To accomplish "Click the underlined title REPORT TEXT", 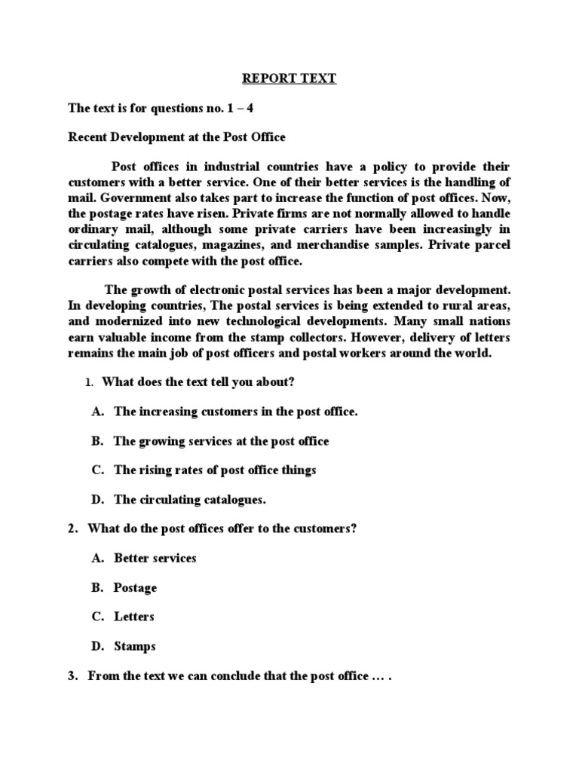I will (289, 78).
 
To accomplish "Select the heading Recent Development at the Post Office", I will (177, 137).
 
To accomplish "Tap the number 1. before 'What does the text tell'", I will (88, 383).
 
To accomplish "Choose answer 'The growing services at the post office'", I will (221, 441).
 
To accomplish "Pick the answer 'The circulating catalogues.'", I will (190, 499).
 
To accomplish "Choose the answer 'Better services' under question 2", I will (155, 558).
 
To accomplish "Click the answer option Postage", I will (135, 587).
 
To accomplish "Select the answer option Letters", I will (133, 617).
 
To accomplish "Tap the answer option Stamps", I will (134, 646).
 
